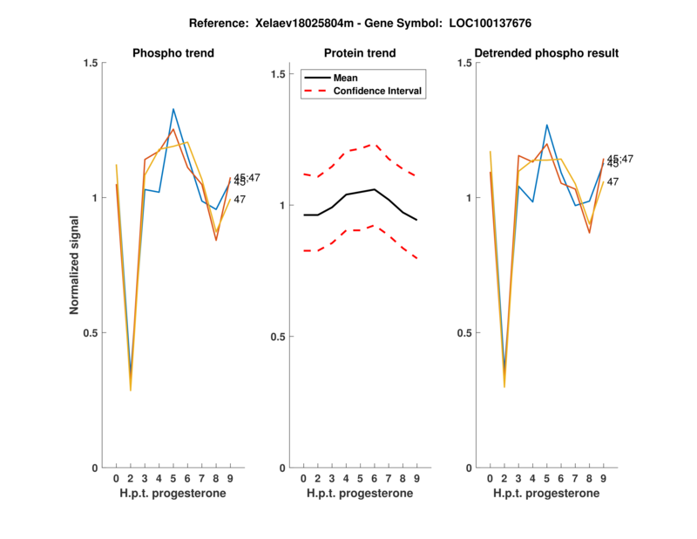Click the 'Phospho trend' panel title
(x=173, y=53)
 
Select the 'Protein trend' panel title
(x=360, y=53)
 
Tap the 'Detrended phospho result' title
(x=547, y=53)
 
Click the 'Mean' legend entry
(x=346, y=78)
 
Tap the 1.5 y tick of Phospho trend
(x=90, y=63)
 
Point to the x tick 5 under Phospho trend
(x=173, y=478)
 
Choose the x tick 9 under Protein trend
(x=416, y=478)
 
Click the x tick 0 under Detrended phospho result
(x=491, y=478)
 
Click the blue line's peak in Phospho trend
(x=173, y=109)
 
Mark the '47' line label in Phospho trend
(x=240, y=200)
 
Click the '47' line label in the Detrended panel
(x=613, y=181)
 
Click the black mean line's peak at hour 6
(x=374, y=189)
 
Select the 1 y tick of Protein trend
(x=282, y=206)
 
